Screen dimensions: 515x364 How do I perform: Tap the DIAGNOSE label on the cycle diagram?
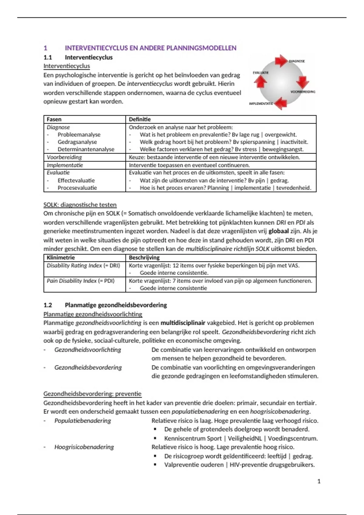(x=297, y=61)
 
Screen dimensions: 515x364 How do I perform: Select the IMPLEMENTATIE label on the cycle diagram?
(x=261, y=104)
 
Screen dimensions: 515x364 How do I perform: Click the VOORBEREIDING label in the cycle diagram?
(x=303, y=92)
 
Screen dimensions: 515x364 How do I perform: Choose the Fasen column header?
(x=54, y=119)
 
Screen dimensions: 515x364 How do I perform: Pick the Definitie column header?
(x=140, y=119)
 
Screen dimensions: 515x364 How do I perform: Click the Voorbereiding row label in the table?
(x=64, y=157)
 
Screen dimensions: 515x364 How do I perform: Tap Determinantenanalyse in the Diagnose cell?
(x=86, y=149)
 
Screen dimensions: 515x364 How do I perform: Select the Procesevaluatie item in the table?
(x=77, y=188)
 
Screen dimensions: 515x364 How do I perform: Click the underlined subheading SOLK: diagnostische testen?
(x=80, y=205)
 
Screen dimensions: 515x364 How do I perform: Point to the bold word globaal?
(x=278, y=231)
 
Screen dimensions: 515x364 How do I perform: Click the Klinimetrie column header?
(x=61, y=257)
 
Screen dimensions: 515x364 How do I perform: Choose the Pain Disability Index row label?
(x=80, y=281)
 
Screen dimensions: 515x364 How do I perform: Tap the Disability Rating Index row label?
(x=83, y=266)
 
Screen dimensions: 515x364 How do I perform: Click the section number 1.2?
(x=48, y=305)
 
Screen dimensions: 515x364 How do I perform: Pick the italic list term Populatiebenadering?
(x=83, y=421)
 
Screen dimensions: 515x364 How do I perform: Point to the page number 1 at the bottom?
(x=319, y=481)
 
